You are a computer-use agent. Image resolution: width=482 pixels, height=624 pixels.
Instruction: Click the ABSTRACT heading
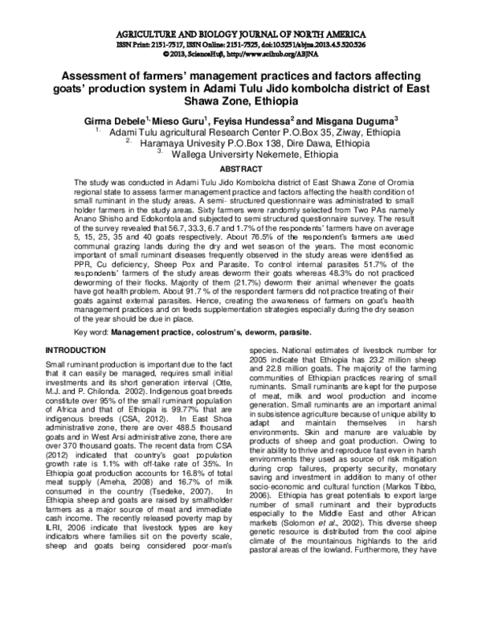(241, 170)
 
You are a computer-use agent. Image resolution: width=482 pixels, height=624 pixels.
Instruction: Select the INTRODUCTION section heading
(79, 351)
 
